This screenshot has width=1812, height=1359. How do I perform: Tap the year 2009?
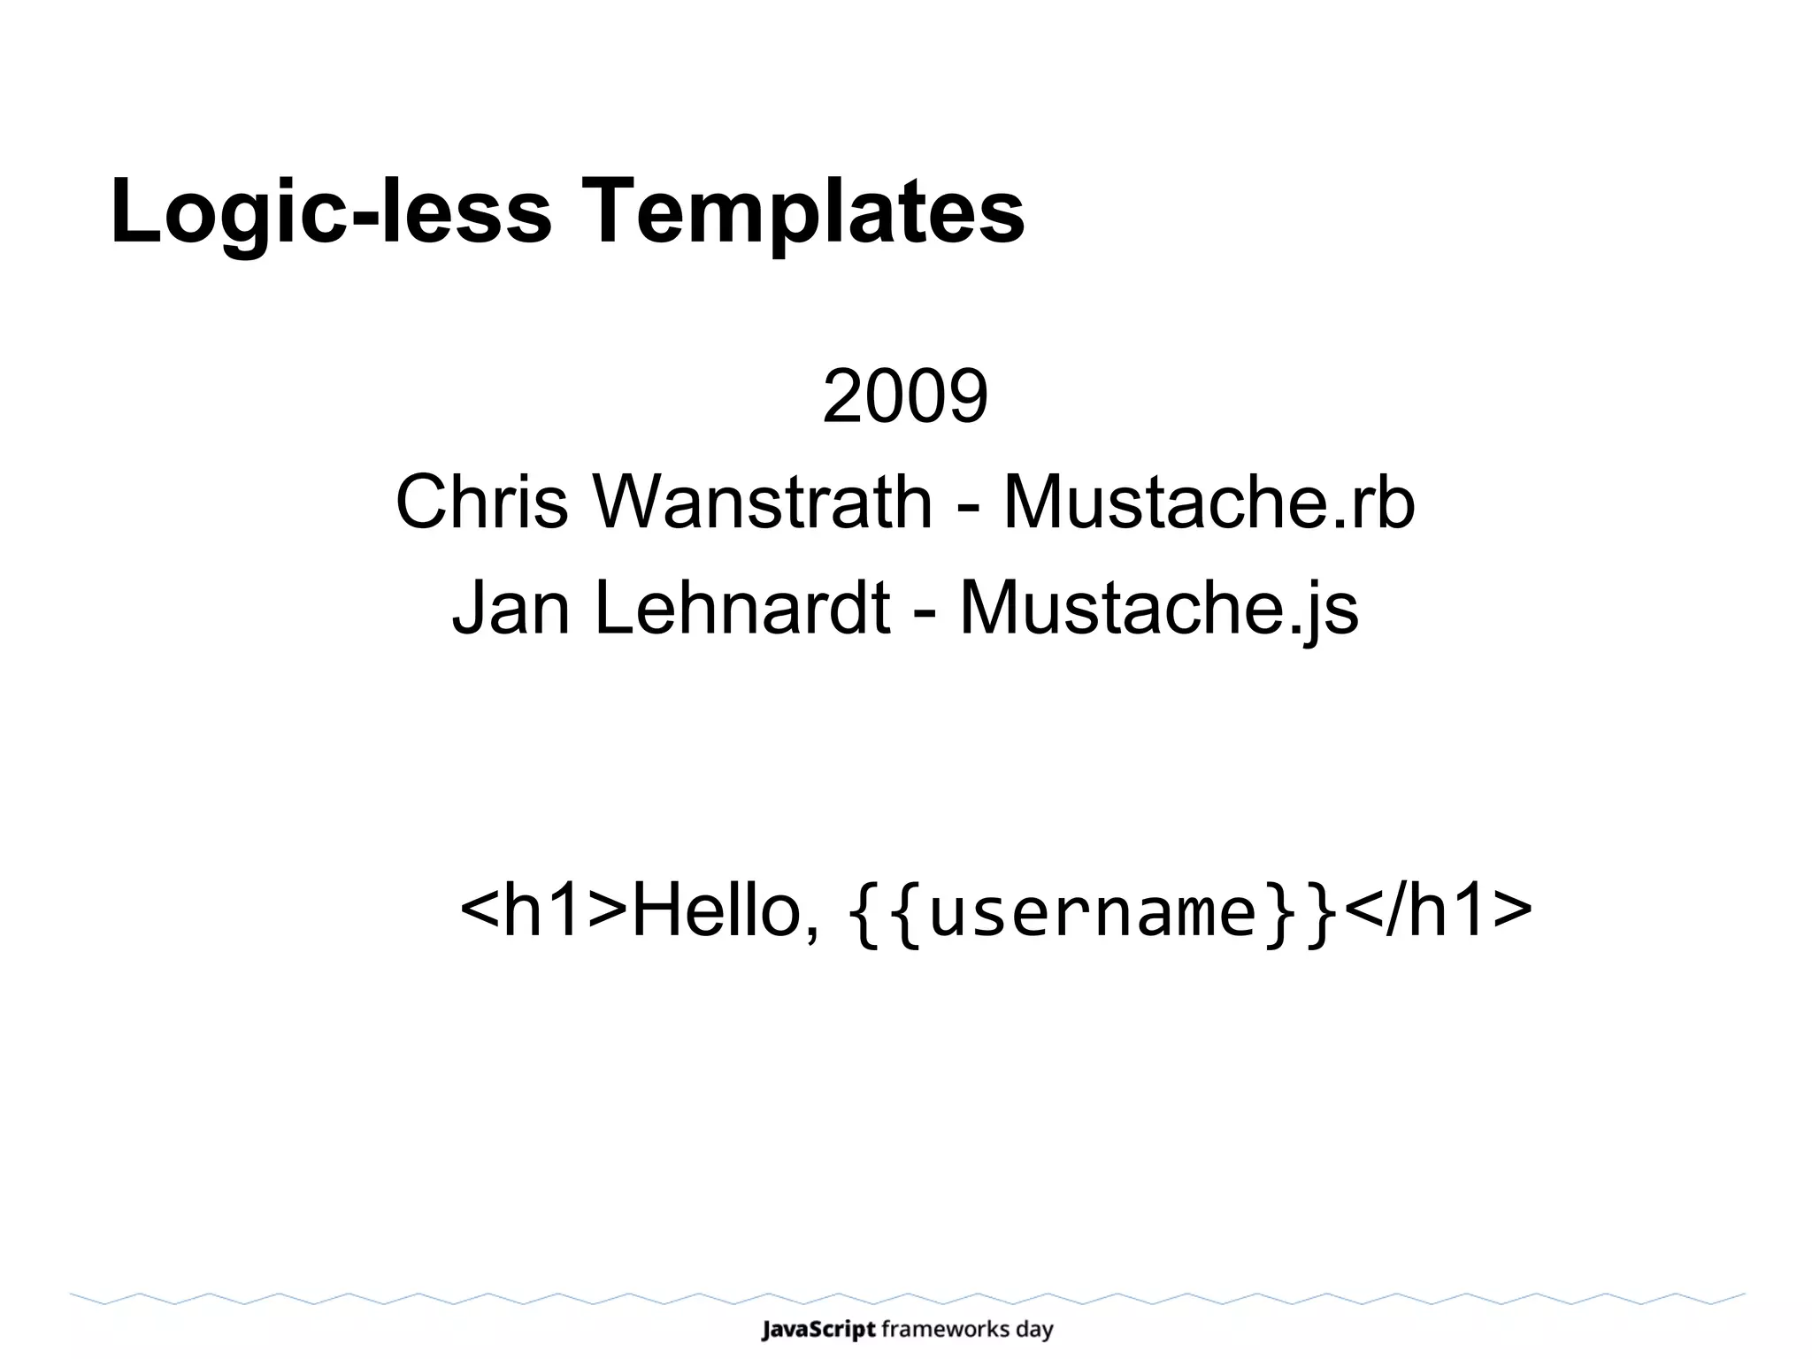coord(905,396)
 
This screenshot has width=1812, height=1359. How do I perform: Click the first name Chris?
coord(481,502)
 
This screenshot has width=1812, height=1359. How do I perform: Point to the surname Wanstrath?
coord(763,502)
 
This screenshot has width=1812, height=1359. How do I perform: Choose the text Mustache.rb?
coord(1209,502)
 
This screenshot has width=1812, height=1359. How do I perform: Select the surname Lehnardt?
coord(741,608)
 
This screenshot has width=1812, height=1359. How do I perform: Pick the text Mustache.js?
coord(1158,608)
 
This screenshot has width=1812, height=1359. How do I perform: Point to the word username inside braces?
coord(1094,912)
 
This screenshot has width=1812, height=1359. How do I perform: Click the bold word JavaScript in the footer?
coord(818,1329)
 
